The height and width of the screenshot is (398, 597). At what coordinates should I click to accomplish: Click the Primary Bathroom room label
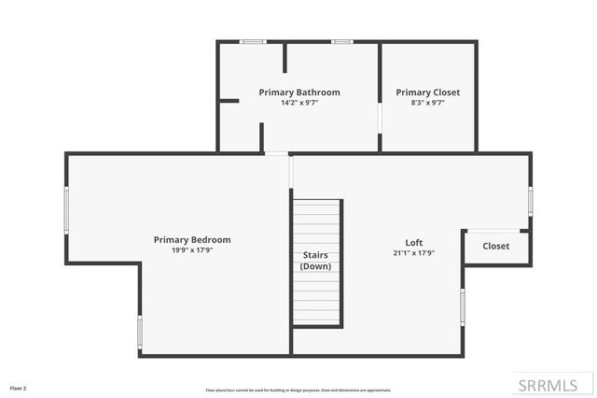tap(298, 92)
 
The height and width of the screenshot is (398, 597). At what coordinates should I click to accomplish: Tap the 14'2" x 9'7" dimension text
tap(298, 103)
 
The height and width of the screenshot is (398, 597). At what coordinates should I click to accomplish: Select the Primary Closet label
tap(427, 92)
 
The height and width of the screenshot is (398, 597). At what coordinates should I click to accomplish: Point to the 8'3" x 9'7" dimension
tap(427, 103)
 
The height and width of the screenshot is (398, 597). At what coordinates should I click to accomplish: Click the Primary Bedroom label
tap(192, 240)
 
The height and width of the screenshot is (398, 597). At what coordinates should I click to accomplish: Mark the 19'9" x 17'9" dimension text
tap(192, 250)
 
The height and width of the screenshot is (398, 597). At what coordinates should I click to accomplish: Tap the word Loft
tap(413, 242)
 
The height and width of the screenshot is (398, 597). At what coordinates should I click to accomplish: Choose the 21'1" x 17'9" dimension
tap(413, 252)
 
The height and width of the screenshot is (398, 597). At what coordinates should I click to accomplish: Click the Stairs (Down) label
tap(315, 260)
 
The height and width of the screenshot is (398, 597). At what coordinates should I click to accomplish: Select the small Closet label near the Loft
tap(495, 247)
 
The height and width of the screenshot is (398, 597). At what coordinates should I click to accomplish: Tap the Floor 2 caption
tap(19, 388)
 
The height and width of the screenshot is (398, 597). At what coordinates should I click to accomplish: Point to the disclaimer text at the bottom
tap(298, 390)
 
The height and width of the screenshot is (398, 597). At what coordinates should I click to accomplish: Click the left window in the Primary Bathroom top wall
tap(253, 41)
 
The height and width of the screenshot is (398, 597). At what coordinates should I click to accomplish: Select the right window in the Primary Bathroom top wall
tap(342, 41)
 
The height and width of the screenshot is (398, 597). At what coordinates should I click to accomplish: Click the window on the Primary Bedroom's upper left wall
tap(66, 209)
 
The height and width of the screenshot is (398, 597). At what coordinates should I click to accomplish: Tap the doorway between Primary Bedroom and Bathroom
tap(276, 153)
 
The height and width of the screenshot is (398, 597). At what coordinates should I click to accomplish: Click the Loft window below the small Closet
tap(463, 306)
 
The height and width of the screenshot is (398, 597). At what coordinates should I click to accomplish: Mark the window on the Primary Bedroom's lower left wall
tap(140, 332)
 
